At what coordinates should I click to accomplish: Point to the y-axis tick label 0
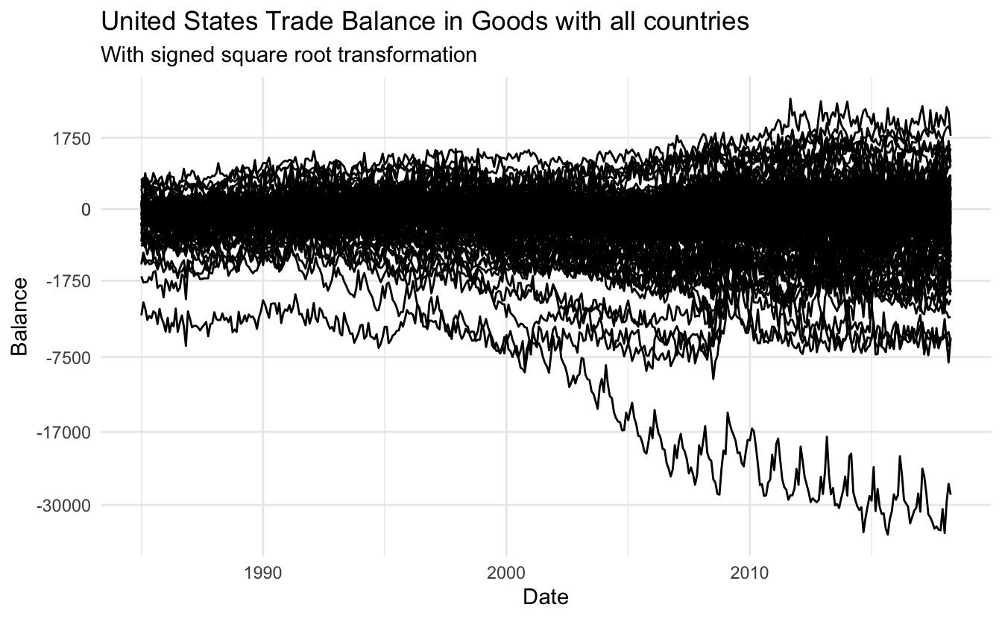tap(86, 210)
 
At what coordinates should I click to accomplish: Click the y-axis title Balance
tap(20, 316)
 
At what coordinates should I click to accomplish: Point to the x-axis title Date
tap(546, 597)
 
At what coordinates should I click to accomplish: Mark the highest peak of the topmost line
tap(790, 98)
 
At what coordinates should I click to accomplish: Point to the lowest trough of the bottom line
tap(887, 534)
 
